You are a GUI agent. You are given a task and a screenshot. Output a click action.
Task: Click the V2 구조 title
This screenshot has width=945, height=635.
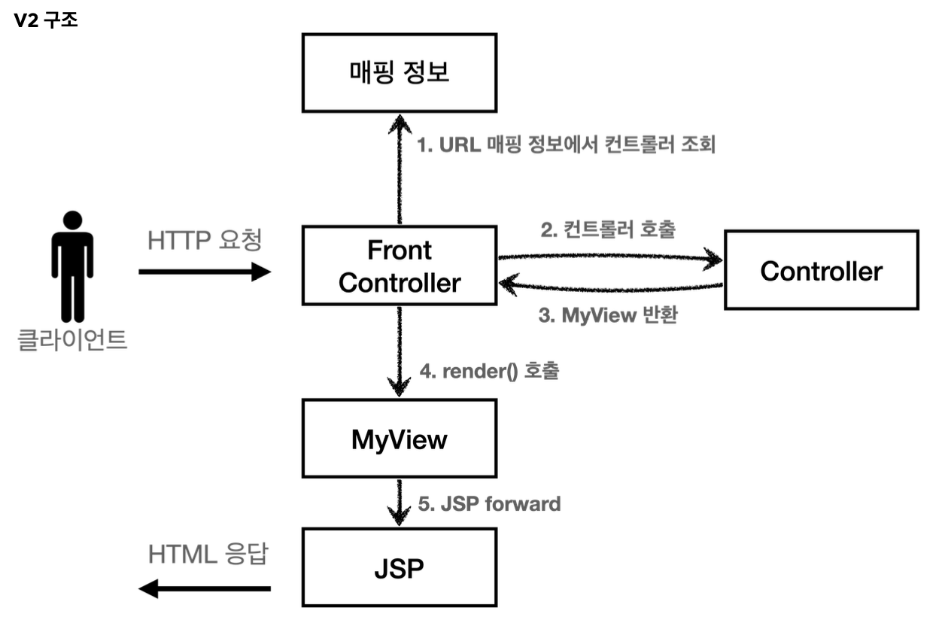point(46,20)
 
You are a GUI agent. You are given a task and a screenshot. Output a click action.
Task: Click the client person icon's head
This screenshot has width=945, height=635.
point(72,220)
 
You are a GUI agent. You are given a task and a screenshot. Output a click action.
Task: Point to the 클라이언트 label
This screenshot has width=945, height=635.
point(72,339)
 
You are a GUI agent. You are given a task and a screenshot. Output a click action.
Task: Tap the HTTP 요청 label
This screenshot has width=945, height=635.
point(205,240)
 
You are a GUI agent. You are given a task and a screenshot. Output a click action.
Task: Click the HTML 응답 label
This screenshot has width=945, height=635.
point(208,554)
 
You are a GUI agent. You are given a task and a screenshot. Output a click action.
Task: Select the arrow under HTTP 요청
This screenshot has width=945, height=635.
point(205,272)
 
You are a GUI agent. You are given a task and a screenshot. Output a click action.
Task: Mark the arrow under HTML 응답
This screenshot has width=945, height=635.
point(205,588)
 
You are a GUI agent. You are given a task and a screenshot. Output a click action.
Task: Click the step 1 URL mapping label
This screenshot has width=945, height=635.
point(566,144)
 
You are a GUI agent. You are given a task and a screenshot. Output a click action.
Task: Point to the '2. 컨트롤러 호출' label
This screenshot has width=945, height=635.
point(608,229)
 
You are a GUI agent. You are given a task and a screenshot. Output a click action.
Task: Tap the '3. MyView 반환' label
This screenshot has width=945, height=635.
point(608,315)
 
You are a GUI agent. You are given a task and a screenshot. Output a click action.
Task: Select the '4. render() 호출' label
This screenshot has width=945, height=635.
point(489,372)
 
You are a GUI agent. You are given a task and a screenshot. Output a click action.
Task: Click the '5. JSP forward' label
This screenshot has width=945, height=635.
point(489,504)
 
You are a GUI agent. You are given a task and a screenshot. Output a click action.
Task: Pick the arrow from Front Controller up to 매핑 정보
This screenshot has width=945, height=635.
point(400,169)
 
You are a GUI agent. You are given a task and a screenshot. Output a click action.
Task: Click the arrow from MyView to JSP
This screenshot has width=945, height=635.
point(399,502)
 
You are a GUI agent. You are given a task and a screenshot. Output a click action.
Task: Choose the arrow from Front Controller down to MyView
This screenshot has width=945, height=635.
point(399,351)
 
